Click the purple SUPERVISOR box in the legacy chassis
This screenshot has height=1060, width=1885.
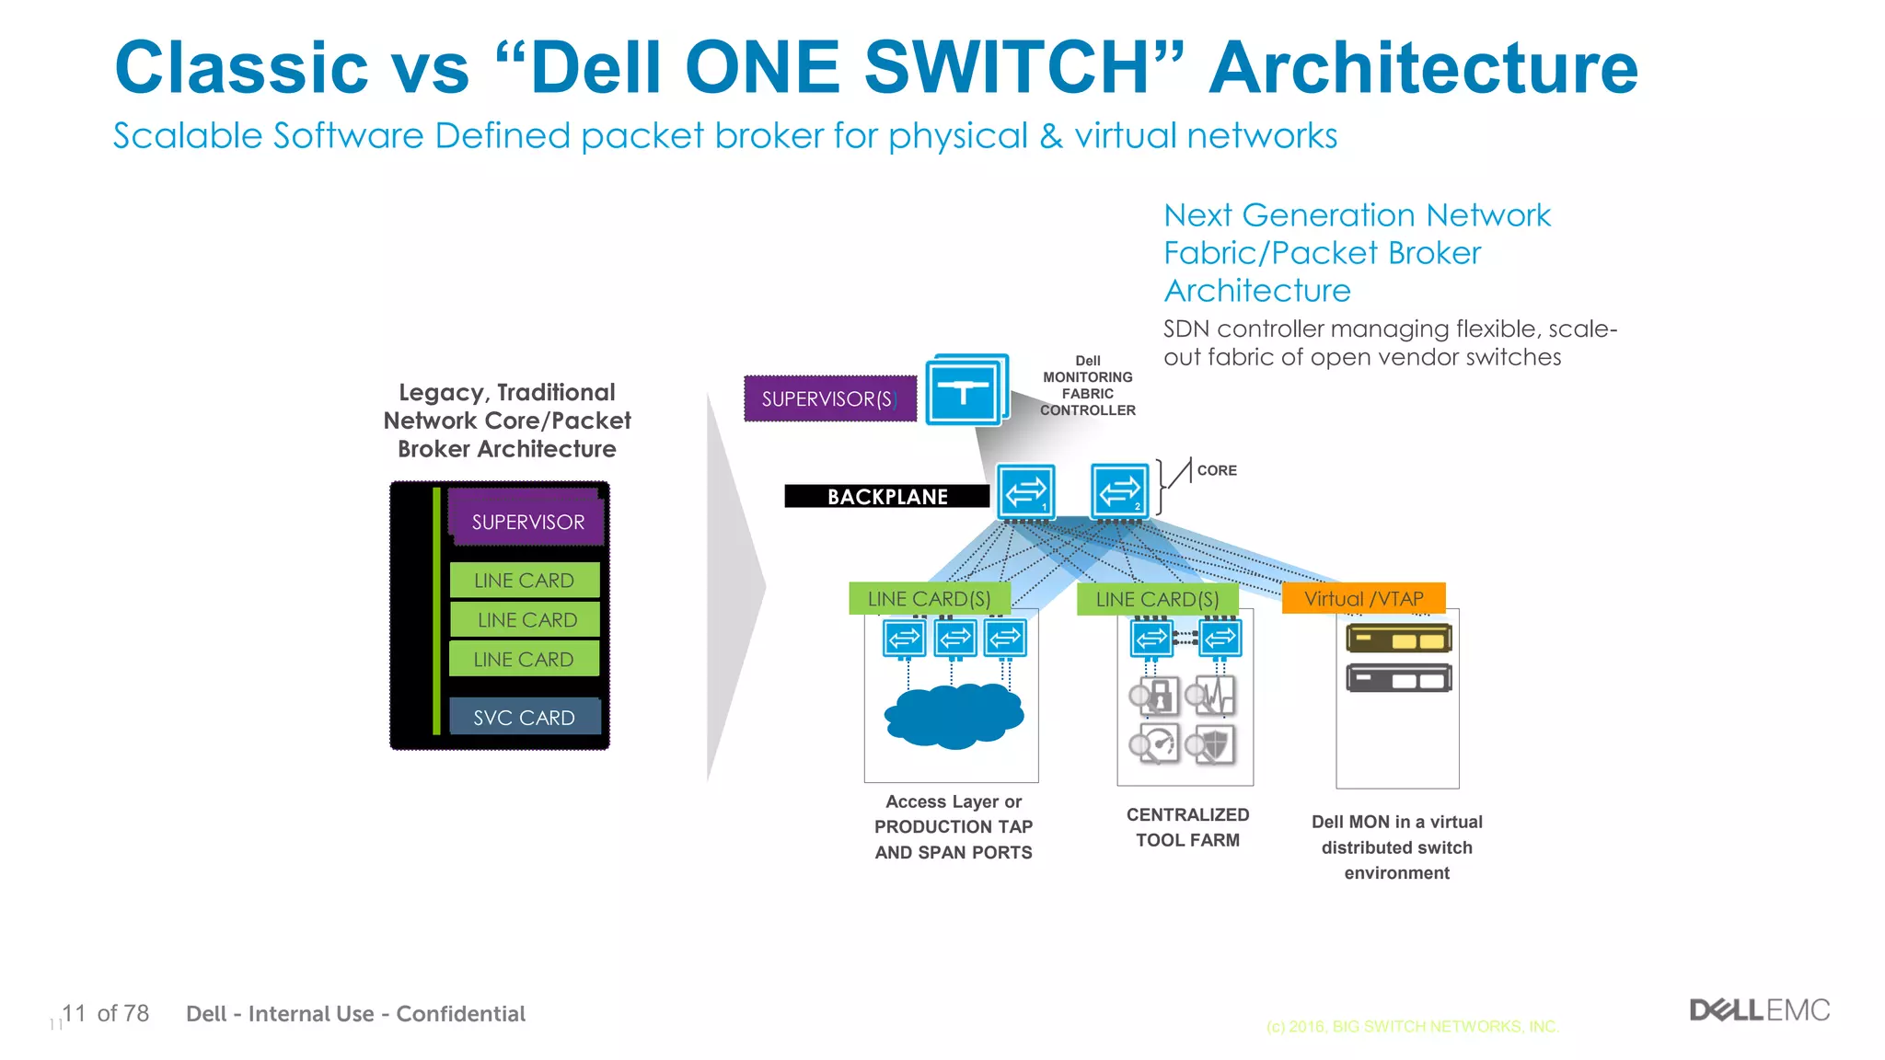(526, 521)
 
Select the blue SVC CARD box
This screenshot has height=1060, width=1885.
(525, 717)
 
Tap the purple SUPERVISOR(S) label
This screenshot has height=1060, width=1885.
(829, 398)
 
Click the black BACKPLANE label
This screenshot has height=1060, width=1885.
(886, 496)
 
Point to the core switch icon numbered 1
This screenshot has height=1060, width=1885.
(1025, 491)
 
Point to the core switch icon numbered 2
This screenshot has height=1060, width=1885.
(1119, 491)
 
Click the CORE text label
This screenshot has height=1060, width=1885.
(1216, 470)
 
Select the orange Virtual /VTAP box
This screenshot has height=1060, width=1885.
(1363, 598)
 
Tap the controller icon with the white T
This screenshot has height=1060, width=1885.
(963, 393)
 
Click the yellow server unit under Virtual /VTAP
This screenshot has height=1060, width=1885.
(1398, 638)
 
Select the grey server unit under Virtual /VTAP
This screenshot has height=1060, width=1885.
(1398, 679)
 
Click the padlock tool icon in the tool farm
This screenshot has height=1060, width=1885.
(1155, 697)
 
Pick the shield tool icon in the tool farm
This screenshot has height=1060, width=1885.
(1210, 744)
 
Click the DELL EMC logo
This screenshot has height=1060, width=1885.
(1759, 1010)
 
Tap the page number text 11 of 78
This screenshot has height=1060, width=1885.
(104, 1013)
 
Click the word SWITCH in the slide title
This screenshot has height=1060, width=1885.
(1006, 67)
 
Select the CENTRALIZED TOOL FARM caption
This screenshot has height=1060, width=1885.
(1187, 826)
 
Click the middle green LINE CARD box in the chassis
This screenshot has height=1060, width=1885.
(526, 619)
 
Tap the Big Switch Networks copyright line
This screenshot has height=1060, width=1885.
(1412, 1026)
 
